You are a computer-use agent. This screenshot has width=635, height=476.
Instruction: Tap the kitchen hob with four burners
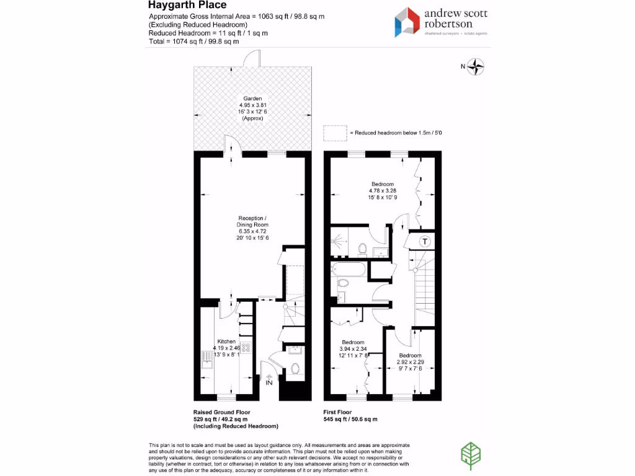(x=246, y=349)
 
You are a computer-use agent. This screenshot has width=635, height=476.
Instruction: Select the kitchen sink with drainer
(x=206, y=359)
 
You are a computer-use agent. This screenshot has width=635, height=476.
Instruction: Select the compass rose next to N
(x=476, y=67)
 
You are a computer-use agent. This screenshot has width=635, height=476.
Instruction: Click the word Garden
(x=252, y=99)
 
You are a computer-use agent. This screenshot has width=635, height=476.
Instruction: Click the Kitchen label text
(x=226, y=342)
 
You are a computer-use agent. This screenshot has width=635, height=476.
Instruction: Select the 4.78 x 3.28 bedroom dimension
(x=383, y=191)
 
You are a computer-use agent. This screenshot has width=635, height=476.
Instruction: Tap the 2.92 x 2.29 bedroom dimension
(x=410, y=361)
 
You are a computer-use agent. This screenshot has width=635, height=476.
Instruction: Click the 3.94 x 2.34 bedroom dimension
(x=353, y=349)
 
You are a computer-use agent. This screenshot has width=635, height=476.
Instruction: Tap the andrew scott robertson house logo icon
(x=407, y=22)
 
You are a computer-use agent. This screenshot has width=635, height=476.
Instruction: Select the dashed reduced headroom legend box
(x=335, y=133)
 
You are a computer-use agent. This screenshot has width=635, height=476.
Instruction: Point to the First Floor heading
(x=337, y=412)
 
